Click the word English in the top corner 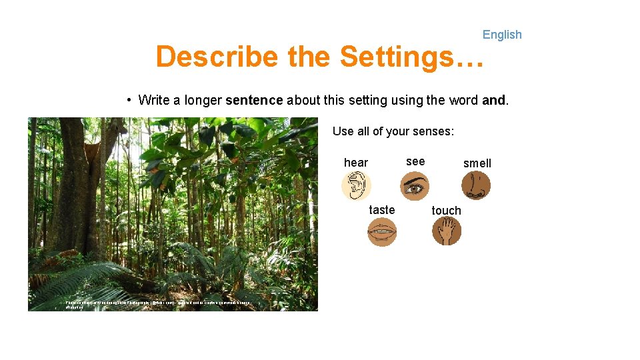pyautogui.click(x=502, y=35)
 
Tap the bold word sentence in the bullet pyautogui.click(x=255, y=101)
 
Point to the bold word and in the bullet pyautogui.click(x=493, y=101)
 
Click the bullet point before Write pyautogui.click(x=129, y=101)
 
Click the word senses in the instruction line pyautogui.click(x=431, y=131)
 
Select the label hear pyautogui.click(x=355, y=163)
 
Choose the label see pyautogui.click(x=415, y=161)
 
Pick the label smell pyautogui.click(x=477, y=163)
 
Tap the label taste pyautogui.click(x=382, y=210)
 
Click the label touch pyautogui.click(x=446, y=211)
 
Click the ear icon pyautogui.click(x=356, y=186)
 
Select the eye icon pyautogui.click(x=415, y=186)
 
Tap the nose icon pyautogui.click(x=476, y=186)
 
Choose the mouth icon pyautogui.click(x=382, y=232)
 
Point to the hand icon pyautogui.click(x=446, y=232)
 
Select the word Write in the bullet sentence pyautogui.click(x=154, y=101)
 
